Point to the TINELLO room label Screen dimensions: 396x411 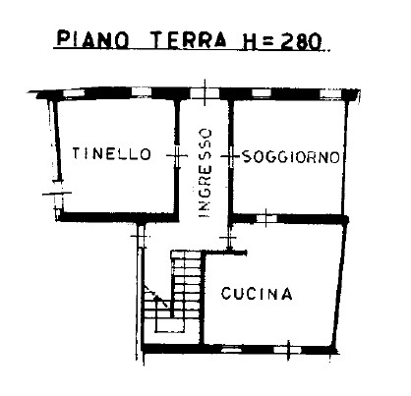pos(111,154)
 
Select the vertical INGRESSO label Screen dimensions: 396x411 pos(204,172)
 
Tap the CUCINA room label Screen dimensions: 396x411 pos(257,293)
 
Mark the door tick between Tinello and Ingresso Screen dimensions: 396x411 pos(177,153)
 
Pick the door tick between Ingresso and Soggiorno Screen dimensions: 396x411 pos(229,154)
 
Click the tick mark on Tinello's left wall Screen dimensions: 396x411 pos(53,195)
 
